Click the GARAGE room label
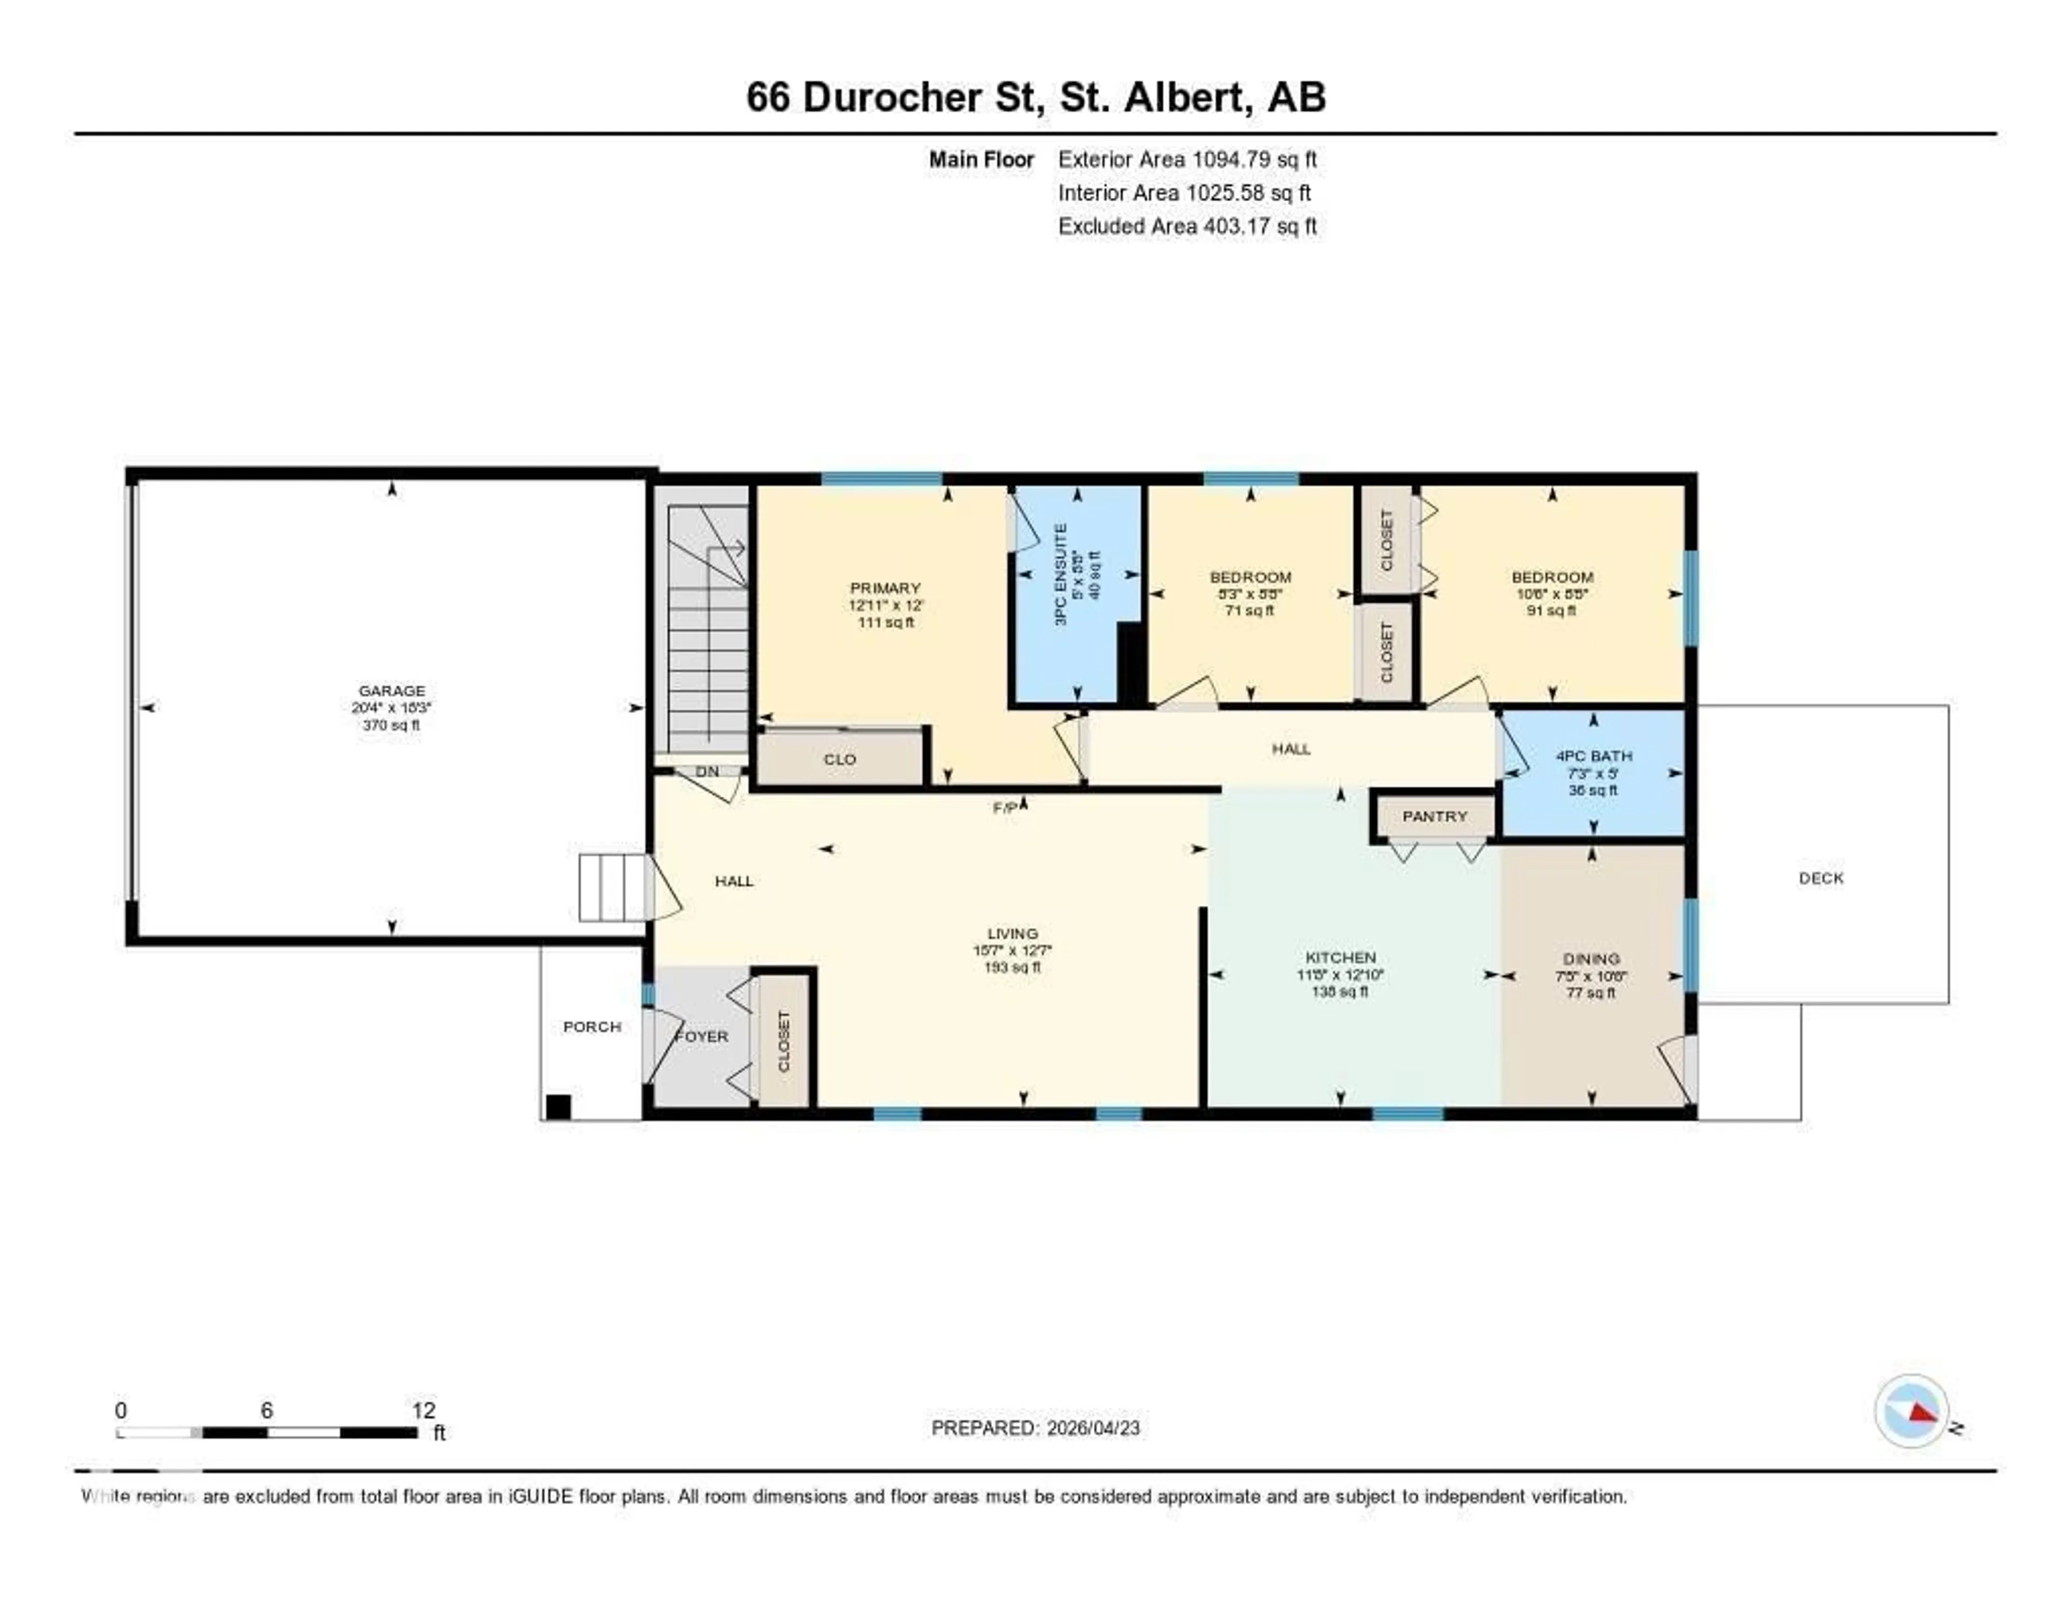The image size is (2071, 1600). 392,690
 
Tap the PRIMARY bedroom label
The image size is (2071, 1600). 884,588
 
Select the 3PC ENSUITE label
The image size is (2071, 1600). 1061,574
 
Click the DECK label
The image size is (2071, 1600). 1821,878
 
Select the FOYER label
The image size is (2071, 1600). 703,1037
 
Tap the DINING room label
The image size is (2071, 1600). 1591,959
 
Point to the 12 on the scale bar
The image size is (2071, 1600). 423,1410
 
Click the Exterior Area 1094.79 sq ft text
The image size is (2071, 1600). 1187,159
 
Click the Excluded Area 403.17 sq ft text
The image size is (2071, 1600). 1187,225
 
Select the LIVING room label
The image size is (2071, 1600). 1012,933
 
